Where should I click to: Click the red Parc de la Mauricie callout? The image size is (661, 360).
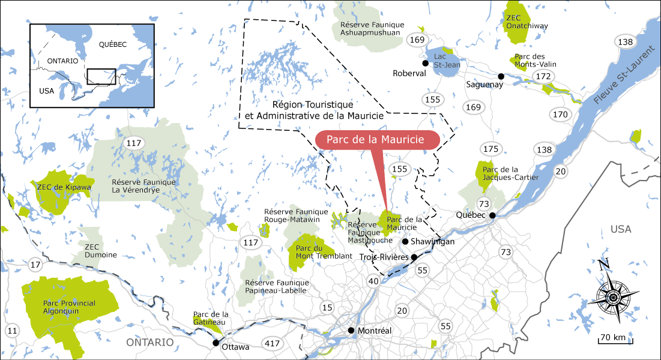point(376,139)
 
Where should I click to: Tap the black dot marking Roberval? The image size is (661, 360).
point(425,63)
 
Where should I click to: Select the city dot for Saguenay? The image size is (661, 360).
point(501,76)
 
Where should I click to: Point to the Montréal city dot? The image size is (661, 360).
point(351,331)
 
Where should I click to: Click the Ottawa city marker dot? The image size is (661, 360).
point(216,343)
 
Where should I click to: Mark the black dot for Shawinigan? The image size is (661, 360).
point(405,242)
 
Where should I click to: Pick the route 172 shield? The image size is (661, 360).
point(543,76)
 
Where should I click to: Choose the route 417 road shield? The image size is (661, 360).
point(273,344)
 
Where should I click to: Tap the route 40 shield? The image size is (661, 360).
point(373,280)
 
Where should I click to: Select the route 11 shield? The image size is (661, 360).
point(13,331)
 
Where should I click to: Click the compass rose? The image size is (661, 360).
point(612,297)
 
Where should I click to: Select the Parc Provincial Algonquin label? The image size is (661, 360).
point(69,307)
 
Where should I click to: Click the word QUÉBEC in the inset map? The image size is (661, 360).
point(113,44)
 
